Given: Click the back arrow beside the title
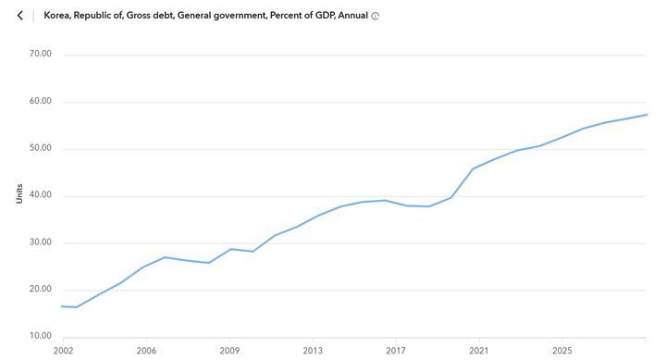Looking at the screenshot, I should pos(19,16).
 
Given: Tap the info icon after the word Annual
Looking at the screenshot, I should pos(375,17).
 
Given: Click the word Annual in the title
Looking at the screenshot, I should pos(352,16).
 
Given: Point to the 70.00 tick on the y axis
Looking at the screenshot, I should pos(41,54).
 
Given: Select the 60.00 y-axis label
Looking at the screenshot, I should pos(41,101).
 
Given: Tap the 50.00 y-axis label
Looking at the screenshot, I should pos(41,148).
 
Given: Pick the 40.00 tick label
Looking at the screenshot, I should pos(41,195).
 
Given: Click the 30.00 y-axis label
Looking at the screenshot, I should pos(41,242).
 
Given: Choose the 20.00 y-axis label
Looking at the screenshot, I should pos(41,290).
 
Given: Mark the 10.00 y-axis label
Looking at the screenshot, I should pos(41,336).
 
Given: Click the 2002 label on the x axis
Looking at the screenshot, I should pos(63,352).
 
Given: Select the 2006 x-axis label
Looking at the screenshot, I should pos(146,352).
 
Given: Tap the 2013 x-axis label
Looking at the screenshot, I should pos(313,352).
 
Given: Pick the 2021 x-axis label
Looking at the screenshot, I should pos(479,352).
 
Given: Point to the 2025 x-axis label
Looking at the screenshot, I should pos(562,352).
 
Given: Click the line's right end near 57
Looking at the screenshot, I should pos(646,115).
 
